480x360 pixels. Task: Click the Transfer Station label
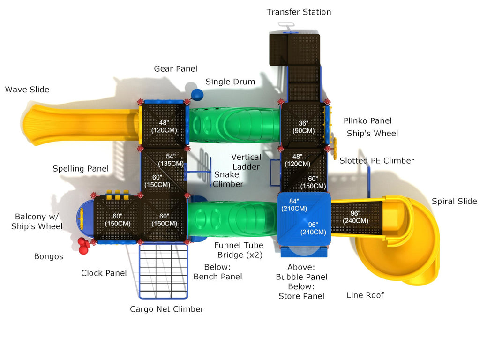(299, 12)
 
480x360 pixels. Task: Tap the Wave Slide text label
(27, 90)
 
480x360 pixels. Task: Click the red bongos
(83, 246)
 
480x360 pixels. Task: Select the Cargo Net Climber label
(167, 309)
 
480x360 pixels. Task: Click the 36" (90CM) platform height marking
(303, 126)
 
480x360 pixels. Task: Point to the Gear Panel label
(176, 69)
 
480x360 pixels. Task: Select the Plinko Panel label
(367, 121)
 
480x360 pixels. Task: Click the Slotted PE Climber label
(377, 161)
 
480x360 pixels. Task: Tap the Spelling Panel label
(81, 169)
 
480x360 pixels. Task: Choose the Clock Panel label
(104, 273)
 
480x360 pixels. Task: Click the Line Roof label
(365, 295)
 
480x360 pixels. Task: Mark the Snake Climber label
(228, 180)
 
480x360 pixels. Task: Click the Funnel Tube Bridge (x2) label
(239, 250)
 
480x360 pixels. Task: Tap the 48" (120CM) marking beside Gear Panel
(164, 126)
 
